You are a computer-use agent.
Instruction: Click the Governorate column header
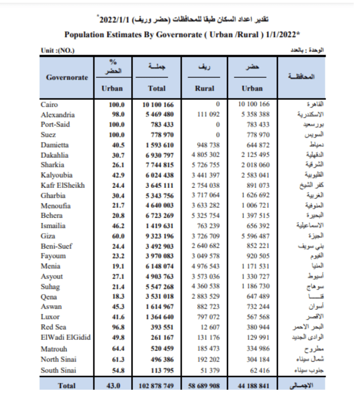click(x=67, y=77)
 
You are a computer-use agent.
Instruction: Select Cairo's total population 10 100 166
click(x=157, y=105)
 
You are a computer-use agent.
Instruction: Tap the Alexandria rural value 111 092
click(x=206, y=115)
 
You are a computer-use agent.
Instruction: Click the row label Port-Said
click(x=56, y=125)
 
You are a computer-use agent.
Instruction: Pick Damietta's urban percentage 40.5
click(x=117, y=145)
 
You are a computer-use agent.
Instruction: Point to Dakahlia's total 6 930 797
click(x=157, y=155)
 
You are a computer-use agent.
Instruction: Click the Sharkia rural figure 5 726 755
click(x=206, y=165)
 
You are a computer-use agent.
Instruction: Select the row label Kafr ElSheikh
click(x=63, y=185)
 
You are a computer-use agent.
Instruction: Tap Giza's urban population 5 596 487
click(x=253, y=236)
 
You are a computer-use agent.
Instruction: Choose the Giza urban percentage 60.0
click(x=117, y=236)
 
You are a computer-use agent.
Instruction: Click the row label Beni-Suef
click(x=57, y=246)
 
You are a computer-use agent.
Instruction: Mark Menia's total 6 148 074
click(x=157, y=266)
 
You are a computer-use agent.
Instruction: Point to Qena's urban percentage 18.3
click(x=117, y=297)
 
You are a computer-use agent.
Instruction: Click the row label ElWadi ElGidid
click(x=66, y=337)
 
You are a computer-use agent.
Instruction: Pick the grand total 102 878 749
click(x=157, y=386)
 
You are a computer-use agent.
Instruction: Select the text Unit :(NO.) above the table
click(x=57, y=51)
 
